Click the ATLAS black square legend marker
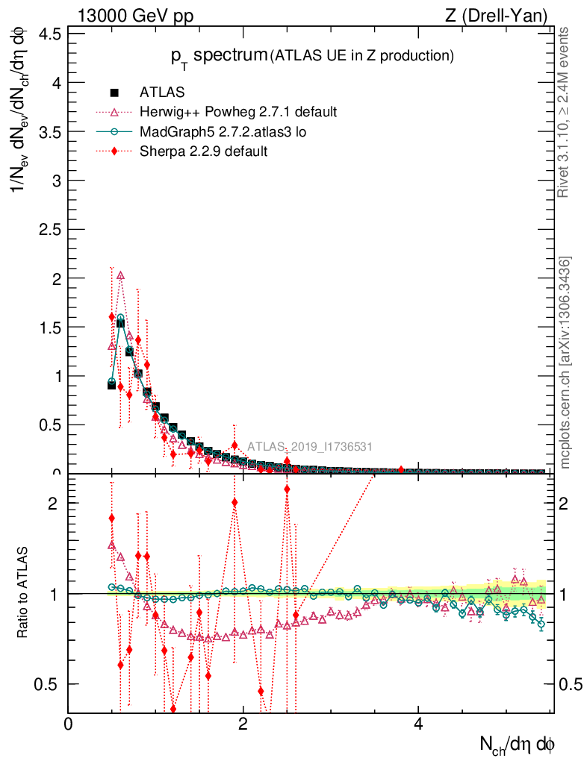pyautogui.click(x=114, y=93)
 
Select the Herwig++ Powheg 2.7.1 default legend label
pyautogui.click(x=238, y=112)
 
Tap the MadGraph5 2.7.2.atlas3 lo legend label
pyautogui.click(x=223, y=131)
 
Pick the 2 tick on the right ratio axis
pyautogui.click(x=568, y=503)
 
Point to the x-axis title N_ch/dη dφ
pyautogui.click(x=517, y=744)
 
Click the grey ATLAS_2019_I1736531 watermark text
pyautogui.click(x=310, y=447)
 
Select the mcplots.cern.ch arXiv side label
pyautogui.click(x=566, y=363)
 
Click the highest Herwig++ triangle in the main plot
pyautogui.click(x=121, y=275)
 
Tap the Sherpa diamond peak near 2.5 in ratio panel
pyautogui.click(x=287, y=489)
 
